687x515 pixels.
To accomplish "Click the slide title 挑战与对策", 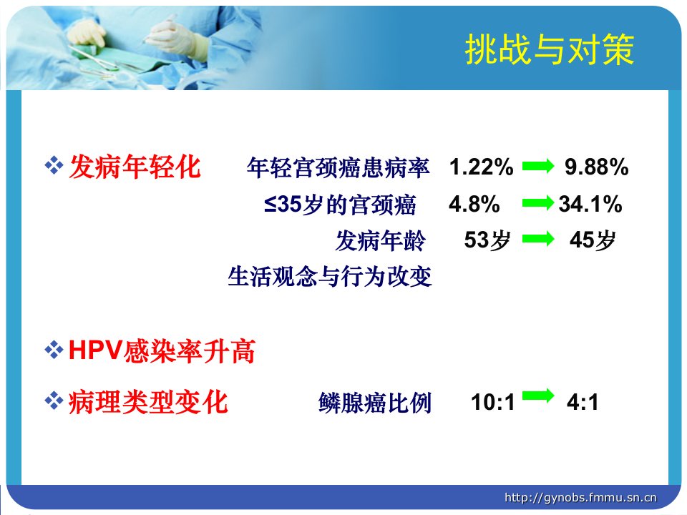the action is click(550, 49).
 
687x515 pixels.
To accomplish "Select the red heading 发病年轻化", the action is click(135, 167).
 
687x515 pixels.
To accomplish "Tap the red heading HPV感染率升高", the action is click(162, 351).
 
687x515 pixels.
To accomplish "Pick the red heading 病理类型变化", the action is click(148, 402).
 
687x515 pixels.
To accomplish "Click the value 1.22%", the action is click(481, 167).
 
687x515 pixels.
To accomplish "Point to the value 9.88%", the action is click(596, 167).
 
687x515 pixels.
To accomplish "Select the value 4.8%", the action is click(474, 204).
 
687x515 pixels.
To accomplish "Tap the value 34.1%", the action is click(590, 204).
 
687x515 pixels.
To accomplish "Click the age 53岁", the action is click(487, 240).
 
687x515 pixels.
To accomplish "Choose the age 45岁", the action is click(593, 240).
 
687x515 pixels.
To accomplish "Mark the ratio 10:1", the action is click(492, 402).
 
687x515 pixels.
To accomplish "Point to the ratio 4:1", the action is click(583, 402).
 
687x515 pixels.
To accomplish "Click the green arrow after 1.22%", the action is click(538, 167).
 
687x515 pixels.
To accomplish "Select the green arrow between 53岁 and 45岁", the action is click(538, 239).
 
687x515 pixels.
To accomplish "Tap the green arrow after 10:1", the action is click(538, 395).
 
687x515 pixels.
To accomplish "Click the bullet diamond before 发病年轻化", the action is click(54, 166).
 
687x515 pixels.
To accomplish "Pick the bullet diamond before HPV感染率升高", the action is click(54, 350).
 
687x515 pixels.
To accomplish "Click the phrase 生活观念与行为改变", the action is click(329, 276).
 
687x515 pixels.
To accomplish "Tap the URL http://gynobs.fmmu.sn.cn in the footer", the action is click(580, 498).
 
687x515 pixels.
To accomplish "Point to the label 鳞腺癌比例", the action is click(375, 403).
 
